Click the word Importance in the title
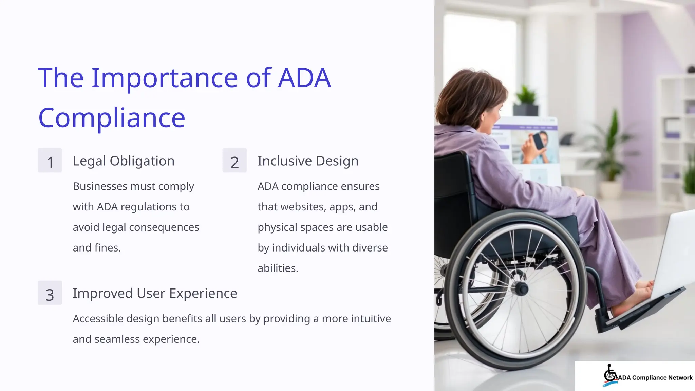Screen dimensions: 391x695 tap(164, 78)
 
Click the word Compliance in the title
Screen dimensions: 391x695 tap(112, 118)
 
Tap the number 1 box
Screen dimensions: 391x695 tap(50, 161)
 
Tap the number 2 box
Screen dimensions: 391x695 tap(234, 161)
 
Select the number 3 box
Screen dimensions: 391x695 tap(50, 293)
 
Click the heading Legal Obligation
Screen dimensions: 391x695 tap(124, 161)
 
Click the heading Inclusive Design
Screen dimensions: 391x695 tap(308, 161)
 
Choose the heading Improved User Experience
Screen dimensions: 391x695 tap(155, 293)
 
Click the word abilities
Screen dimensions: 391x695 tap(277, 268)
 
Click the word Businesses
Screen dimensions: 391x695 tap(99, 186)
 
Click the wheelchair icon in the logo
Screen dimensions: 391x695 tap(610, 374)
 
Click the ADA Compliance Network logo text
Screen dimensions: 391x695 tap(655, 378)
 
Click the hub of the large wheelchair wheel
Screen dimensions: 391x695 tap(521, 289)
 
